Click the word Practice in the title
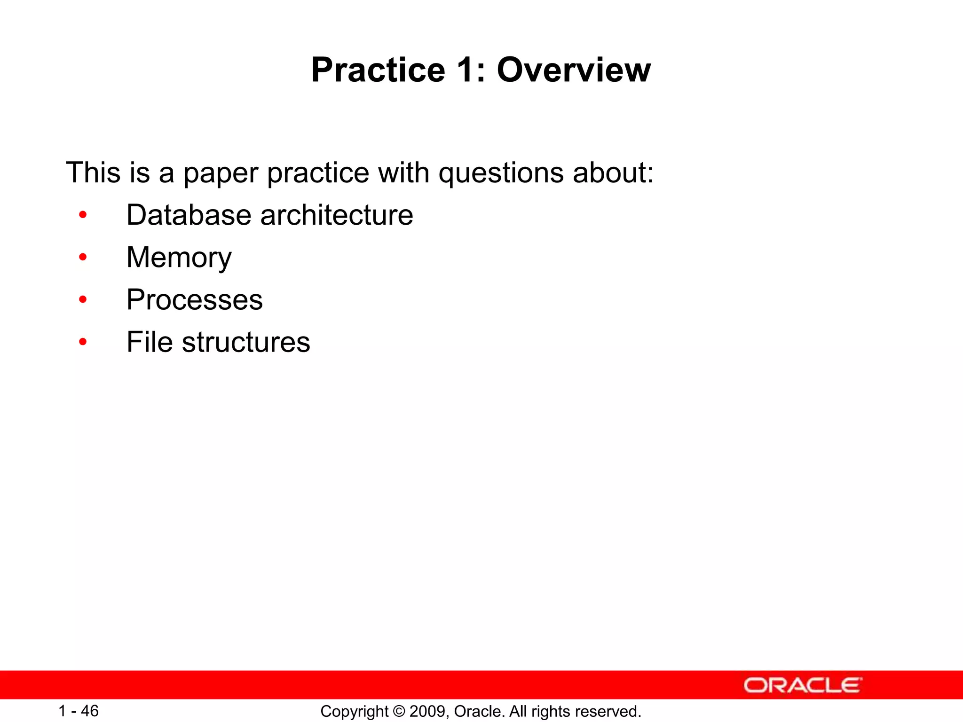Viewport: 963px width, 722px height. tap(378, 70)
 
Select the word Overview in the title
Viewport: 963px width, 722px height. tap(574, 70)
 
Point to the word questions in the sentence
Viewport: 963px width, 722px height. tap(501, 173)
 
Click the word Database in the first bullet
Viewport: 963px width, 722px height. tap(189, 215)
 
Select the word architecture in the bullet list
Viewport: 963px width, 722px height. tap(337, 215)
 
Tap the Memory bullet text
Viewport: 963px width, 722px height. tap(179, 258)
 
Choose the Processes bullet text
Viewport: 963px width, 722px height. tap(195, 300)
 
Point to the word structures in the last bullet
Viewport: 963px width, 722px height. tap(246, 342)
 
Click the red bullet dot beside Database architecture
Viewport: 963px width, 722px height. tap(83, 215)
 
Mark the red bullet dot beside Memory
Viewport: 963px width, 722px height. tap(83, 257)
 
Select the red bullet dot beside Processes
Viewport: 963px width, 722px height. tap(83, 299)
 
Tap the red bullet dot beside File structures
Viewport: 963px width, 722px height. tap(83, 342)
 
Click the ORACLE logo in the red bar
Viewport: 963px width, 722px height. tap(803, 685)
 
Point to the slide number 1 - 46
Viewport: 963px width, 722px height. tap(79, 711)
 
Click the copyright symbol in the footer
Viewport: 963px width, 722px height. tap(399, 711)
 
